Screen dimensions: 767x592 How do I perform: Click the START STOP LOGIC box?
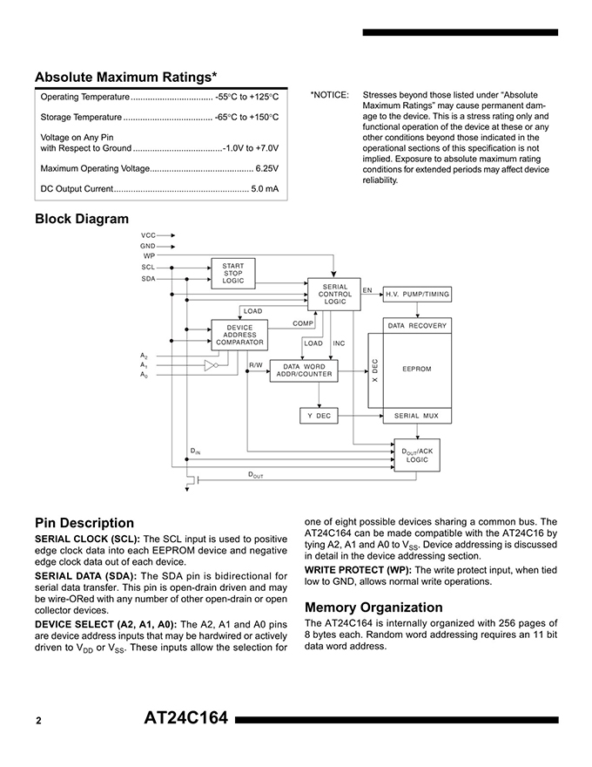(x=233, y=273)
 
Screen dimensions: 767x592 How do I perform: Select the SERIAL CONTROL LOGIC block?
(x=334, y=294)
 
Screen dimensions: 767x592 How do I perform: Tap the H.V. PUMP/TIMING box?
(x=417, y=295)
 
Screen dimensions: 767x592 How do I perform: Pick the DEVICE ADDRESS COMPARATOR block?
(x=239, y=336)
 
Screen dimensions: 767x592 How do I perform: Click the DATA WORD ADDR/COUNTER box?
(x=304, y=370)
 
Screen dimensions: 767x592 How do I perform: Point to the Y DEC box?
(x=318, y=416)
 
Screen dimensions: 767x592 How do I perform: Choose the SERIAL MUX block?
(x=417, y=416)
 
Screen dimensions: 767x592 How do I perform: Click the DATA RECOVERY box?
(x=417, y=325)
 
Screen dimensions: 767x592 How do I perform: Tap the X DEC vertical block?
(x=375, y=370)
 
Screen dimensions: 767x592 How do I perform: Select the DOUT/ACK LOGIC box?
(x=417, y=455)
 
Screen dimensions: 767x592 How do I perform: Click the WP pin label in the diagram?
(x=149, y=256)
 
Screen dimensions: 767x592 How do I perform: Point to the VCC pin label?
(x=148, y=235)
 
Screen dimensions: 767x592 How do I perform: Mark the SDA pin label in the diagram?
(x=148, y=279)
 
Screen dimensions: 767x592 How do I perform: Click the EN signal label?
(x=367, y=289)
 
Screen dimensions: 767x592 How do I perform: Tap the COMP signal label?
(x=303, y=323)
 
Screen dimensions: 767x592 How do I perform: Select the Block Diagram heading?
(x=82, y=219)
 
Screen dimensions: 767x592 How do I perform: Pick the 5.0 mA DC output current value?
(x=265, y=188)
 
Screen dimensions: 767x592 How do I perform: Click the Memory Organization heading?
(x=373, y=607)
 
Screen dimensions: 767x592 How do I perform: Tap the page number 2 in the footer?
(x=39, y=721)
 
